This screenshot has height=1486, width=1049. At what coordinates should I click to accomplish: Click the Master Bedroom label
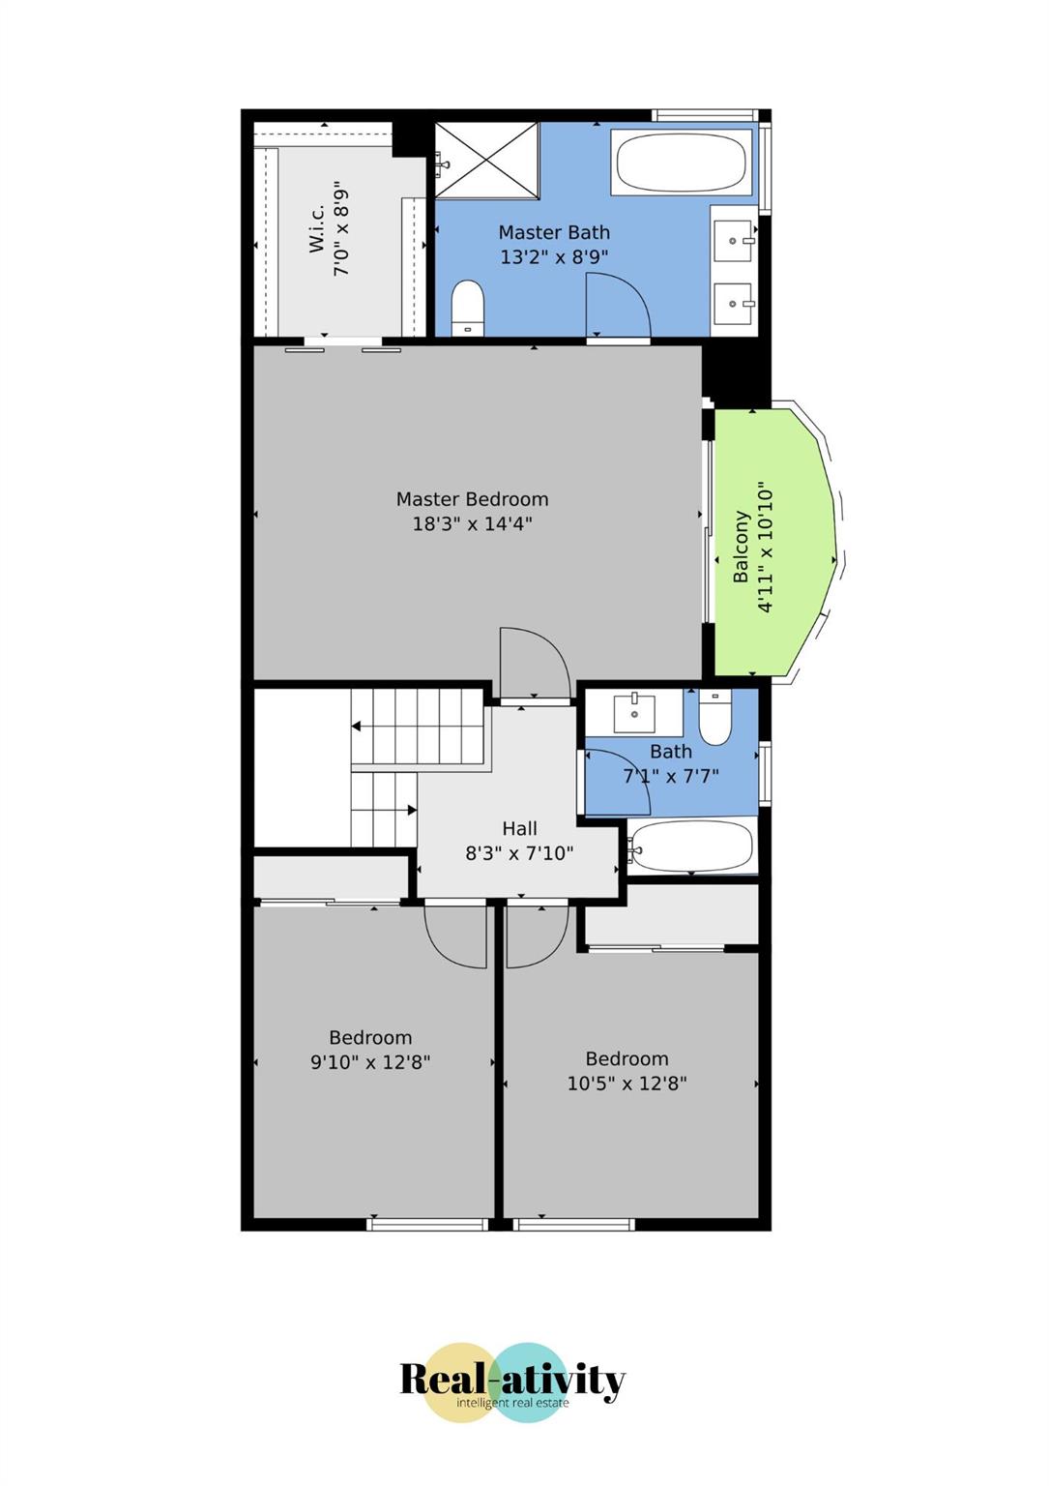pos(472,499)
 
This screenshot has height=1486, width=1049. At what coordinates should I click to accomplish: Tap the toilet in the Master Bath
pos(468,309)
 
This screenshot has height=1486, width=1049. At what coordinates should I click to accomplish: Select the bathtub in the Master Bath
pos(681,162)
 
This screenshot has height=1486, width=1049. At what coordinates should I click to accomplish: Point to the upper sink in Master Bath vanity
pos(734,240)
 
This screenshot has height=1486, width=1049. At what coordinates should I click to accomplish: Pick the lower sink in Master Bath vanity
pos(734,304)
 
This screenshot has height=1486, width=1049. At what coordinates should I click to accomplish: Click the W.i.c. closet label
pos(316,227)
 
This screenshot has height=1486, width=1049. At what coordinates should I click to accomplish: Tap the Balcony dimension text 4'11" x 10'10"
pos(765,548)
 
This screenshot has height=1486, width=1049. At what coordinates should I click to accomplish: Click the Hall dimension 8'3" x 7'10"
pos(518,853)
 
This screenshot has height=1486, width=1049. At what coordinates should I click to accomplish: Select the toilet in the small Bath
pos(714,718)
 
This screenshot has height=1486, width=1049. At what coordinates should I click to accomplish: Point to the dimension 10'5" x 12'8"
pos(626,1084)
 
